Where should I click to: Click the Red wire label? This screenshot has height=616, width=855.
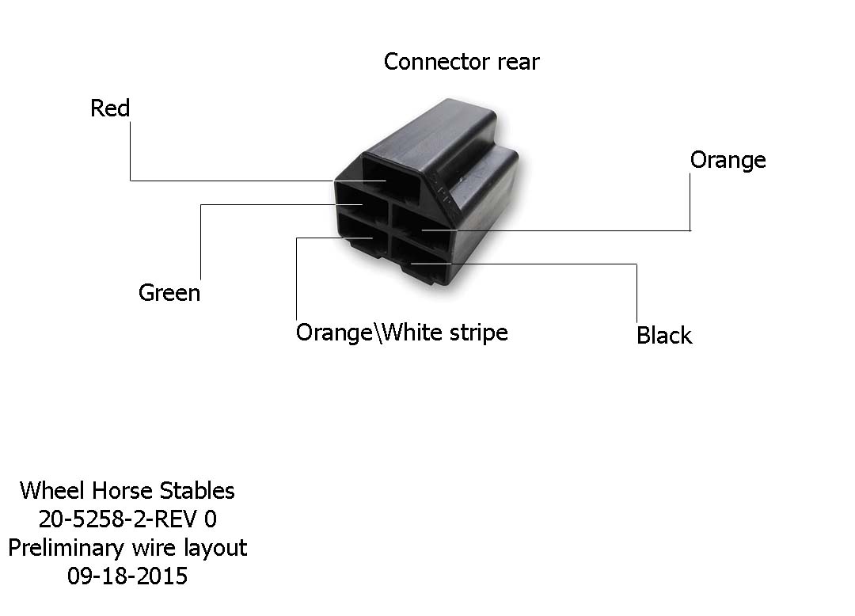pos(110,108)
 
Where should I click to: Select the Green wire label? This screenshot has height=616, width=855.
pos(169,293)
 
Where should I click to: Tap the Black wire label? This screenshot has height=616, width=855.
pos(664,335)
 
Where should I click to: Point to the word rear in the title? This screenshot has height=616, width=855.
pos(519,62)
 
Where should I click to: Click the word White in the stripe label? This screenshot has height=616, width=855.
pos(412,332)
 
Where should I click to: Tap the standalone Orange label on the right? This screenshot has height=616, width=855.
pos(728,160)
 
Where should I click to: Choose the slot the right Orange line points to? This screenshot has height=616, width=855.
pos(420,223)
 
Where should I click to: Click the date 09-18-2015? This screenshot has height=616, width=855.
pos(127,576)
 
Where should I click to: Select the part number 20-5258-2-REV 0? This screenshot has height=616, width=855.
pos(127,519)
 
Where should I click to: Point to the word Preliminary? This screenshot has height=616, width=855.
pos(66,548)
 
